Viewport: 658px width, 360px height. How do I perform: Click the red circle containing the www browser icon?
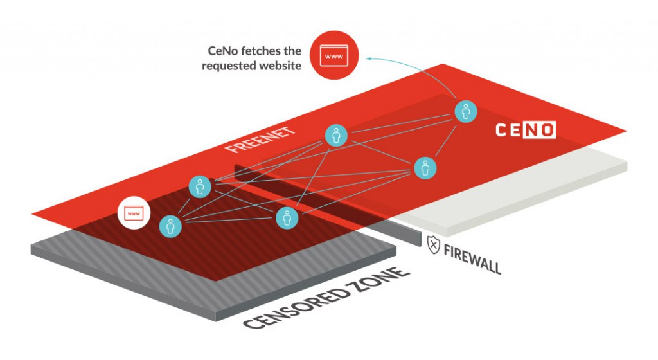(x=334, y=55)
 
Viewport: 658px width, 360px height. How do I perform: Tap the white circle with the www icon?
(x=134, y=213)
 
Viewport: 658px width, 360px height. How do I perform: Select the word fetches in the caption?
(x=264, y=51)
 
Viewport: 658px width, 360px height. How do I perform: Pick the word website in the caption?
(x=280, y=66)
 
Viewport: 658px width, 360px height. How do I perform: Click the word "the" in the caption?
(x=292, y=51)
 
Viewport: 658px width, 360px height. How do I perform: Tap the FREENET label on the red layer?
(x=260, y=139)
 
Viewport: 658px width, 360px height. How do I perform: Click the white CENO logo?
(x=526, y=130)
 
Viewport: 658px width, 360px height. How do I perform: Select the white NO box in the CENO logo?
(x=539, y=130)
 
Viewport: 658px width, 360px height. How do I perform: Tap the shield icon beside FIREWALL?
(x=434, y=245)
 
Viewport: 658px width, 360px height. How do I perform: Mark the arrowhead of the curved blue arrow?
(x=368, y=59)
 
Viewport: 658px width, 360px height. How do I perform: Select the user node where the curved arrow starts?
(x=466, y=112)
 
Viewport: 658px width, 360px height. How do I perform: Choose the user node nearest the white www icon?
(x=170, y=226)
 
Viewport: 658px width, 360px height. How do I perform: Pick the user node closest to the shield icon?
(x=425, y=168)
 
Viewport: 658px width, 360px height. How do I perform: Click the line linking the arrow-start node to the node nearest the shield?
(x=446, y=141)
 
